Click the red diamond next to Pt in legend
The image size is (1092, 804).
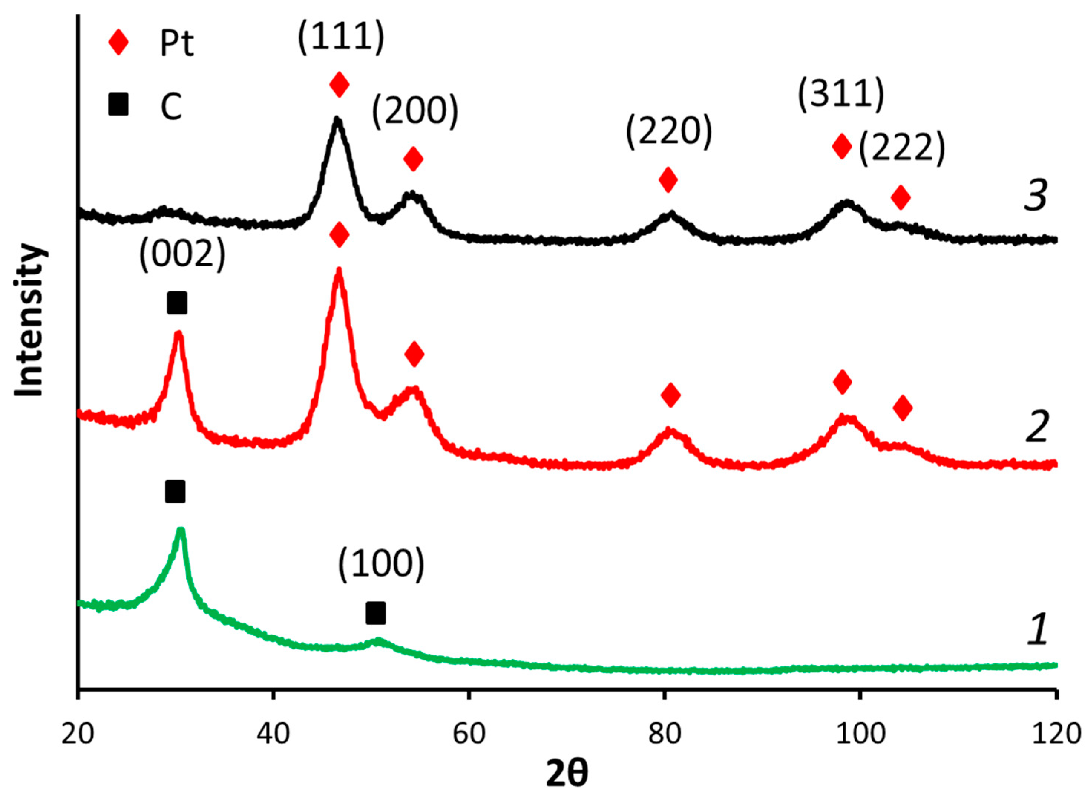click(118, 43)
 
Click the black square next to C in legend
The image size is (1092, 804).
click(118, 105)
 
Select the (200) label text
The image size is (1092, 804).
click(415, 112)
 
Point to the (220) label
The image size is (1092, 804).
click(669, 132)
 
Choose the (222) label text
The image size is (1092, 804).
click(901, 148)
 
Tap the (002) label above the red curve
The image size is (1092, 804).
click(182, 256)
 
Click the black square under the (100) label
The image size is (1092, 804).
click(376, 613)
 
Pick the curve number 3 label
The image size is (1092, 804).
click(1036, 196)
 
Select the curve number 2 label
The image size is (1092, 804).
click(1036, 427)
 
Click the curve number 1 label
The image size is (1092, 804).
click(1037, 630)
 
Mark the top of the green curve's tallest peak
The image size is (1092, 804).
click(181, 530)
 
